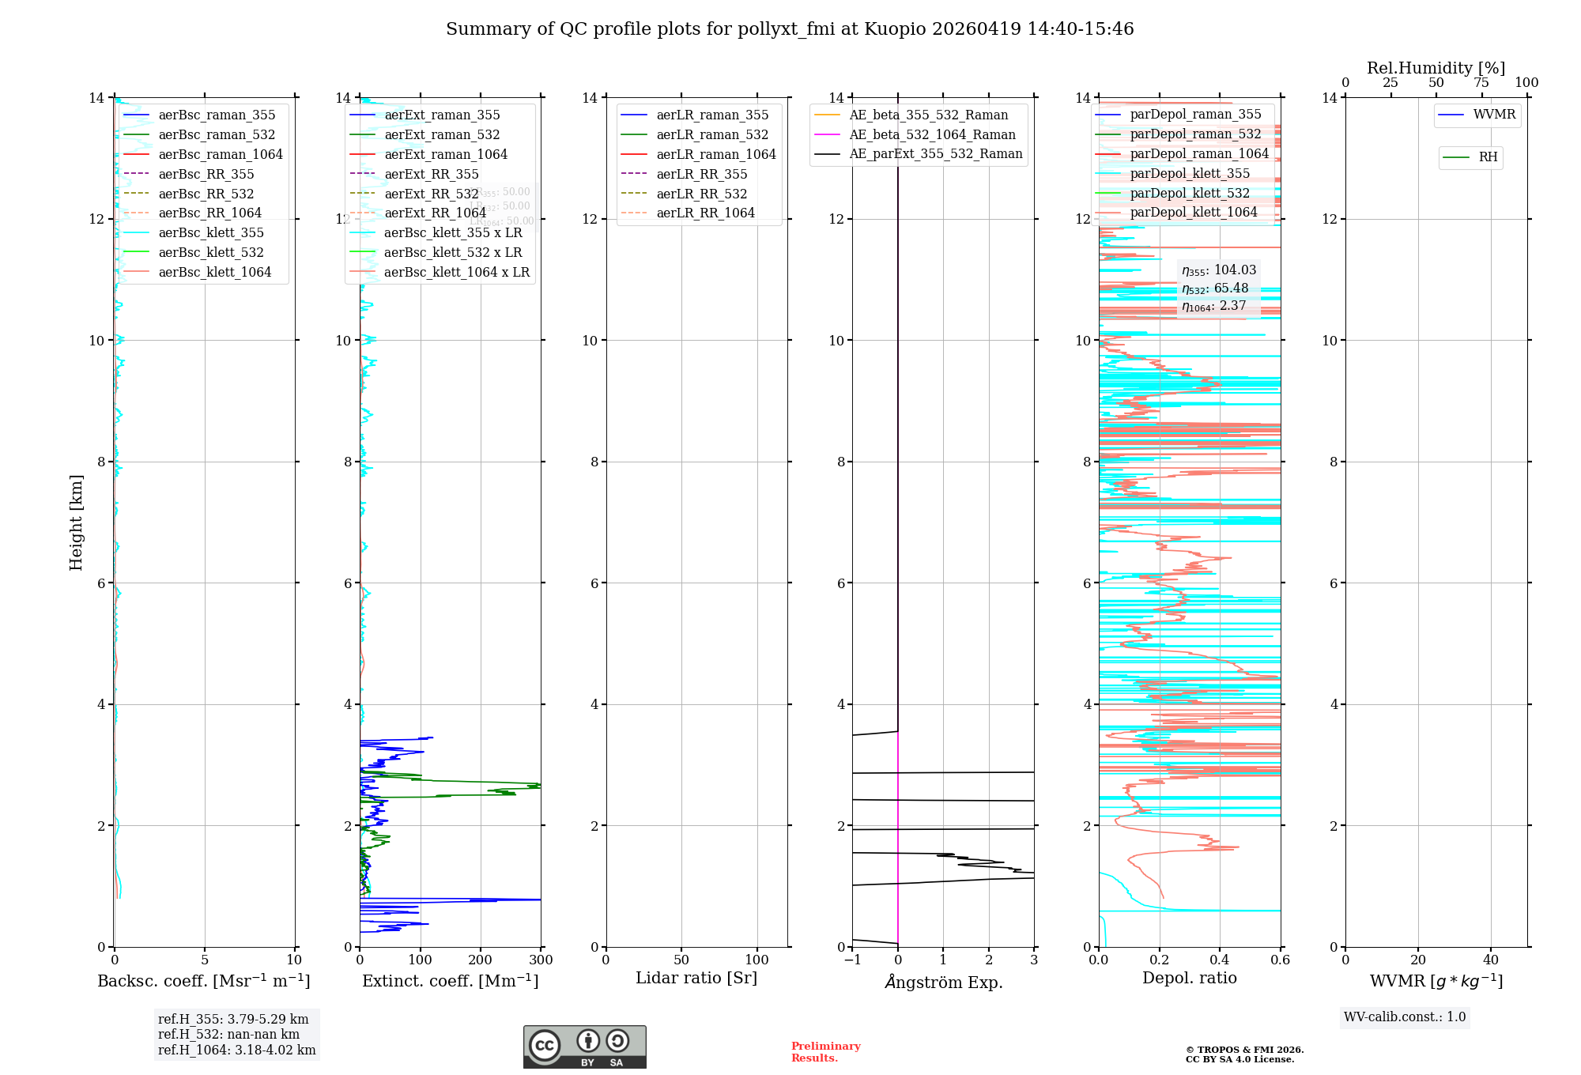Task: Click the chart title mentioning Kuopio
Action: [789, 29]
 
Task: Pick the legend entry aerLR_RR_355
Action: [701, 174]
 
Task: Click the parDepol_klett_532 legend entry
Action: [1190, 193]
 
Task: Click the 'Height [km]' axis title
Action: [76, 522]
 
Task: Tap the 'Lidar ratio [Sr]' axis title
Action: [696, 978]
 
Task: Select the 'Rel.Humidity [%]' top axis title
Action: [1436, 68]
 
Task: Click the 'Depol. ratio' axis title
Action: [1189, 978]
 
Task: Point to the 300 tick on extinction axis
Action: [541, 960]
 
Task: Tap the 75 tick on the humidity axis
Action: [1481, 83]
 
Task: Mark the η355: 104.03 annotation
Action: [1218, 270]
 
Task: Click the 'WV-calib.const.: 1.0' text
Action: [1404, 1017]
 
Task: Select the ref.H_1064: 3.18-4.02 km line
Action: [236, 1050]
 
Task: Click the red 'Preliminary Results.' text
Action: [825, 1052]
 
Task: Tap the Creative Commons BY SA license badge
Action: [584, 1047]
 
